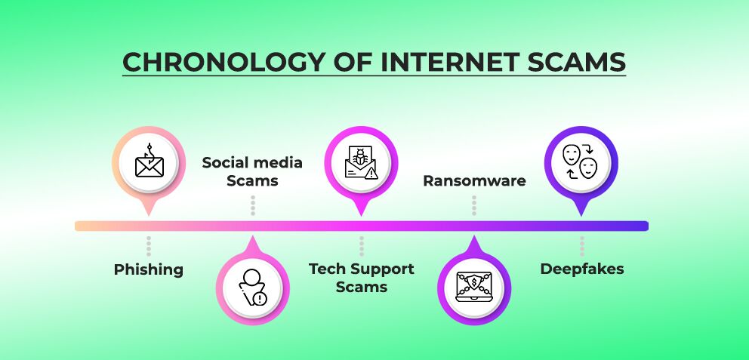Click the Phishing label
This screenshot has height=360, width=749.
click(x=149, y=269)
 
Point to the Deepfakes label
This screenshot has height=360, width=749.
click(x=581, y=269)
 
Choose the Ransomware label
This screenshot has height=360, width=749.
click(x=474, y=181)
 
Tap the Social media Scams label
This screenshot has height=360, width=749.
click(x=252, y=171)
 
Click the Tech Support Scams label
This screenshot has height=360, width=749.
click(x=361, y=278)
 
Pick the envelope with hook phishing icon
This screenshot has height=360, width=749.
click(x=149, y=162)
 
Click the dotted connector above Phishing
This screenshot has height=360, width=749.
click(x=149, y=246)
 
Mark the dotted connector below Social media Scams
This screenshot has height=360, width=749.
click(x=252, y=205)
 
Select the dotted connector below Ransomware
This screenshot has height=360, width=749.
click(x=474, y=205)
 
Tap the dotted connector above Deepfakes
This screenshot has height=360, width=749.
click(x=581, y=246)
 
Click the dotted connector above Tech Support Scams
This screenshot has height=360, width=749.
click(x=361, y=246)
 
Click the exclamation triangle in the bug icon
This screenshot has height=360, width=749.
click(x=371, y=173)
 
